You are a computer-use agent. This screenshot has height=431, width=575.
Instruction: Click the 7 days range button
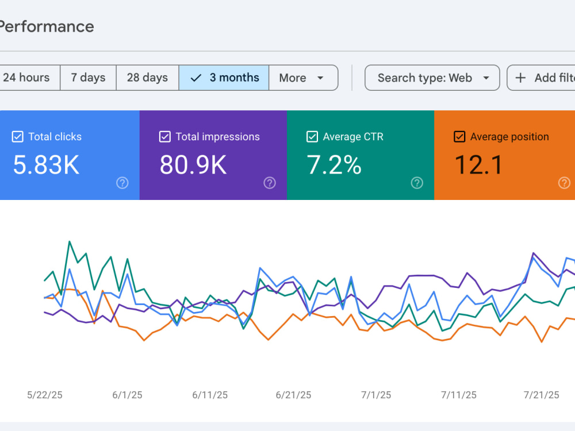pos(88,78)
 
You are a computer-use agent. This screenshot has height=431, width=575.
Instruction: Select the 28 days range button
pos(147,78)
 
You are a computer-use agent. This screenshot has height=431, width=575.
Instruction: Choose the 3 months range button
pos(224,78)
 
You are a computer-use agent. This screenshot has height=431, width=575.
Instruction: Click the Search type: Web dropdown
pos(432,78)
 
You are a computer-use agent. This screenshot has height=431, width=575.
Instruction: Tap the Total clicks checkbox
pos(18,137)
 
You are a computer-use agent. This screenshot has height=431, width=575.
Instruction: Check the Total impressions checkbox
pos(164,137)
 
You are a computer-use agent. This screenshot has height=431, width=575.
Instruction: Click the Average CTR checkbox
pos(312,137)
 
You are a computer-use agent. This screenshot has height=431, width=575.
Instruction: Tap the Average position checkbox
pos(459,137)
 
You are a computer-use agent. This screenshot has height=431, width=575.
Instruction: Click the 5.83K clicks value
pos(46,165)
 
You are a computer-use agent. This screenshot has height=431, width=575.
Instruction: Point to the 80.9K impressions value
pos(193,165)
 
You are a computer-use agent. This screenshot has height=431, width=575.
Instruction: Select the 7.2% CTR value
pos(334,165)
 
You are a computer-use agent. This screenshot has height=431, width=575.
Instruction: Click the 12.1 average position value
pos(478,165)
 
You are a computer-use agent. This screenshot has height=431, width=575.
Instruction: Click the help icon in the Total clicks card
pos(122,183)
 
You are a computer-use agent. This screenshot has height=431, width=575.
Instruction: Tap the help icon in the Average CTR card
pos(417,183)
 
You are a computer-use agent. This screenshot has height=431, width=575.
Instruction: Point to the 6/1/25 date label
pos(127,395)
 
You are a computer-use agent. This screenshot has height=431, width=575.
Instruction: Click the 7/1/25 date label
pos(376,395)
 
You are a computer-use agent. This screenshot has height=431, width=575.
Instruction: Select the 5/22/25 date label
pos(45,395)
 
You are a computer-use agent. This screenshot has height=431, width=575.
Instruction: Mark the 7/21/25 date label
pos(541,395)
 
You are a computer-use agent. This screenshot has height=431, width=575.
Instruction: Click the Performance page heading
pos(47,27)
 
